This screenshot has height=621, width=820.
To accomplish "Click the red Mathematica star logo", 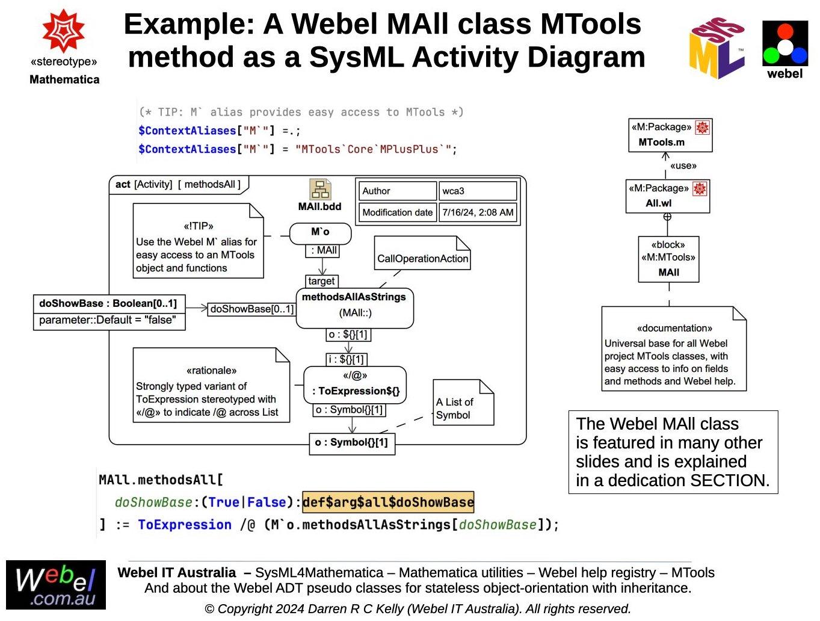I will point(63,31).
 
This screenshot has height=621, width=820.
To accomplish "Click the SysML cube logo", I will point(717,48).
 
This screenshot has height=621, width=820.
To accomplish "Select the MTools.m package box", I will point(670,135).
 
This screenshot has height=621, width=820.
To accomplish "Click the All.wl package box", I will point(667,196).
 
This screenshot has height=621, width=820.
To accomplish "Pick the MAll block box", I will point(668,259).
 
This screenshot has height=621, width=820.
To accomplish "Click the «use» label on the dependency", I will point(683,165).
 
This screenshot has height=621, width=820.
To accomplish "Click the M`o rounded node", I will point(320,233).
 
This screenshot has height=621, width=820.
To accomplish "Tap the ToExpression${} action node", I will point(355,385).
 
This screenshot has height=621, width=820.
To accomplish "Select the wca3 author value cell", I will point(477,191).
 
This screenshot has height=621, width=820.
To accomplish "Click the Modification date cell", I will point(397,212).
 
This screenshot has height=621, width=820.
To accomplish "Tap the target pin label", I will point(321,281).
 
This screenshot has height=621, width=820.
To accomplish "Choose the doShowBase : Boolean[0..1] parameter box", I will point(108,303).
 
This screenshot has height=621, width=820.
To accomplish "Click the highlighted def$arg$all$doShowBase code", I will point(388,502).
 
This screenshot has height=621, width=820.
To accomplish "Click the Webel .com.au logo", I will point(56,585).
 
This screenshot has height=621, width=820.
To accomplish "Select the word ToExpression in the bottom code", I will point(184,525).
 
